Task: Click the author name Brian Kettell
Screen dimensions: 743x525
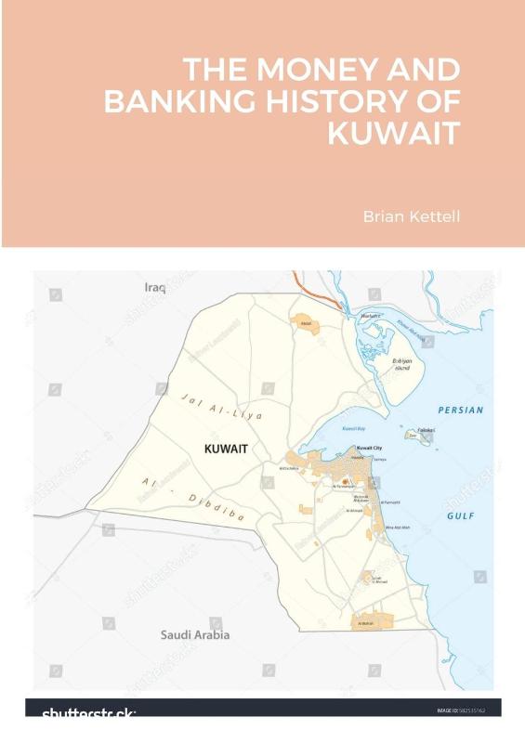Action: [x=412, y=216]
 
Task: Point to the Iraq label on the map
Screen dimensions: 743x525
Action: [x=155, y=288]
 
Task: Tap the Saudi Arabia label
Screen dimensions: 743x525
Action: [x=195, y=635]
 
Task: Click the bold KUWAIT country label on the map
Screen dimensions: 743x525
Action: [x=226, y=449]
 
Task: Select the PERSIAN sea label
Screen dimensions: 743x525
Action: [x=461, y=410]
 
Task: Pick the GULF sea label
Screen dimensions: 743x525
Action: [x=461, y=515]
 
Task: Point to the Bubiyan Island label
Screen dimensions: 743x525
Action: [x=401, y=363]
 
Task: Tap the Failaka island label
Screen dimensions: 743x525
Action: [x=426, y=430]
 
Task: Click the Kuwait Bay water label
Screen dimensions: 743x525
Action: [x=354, y=429]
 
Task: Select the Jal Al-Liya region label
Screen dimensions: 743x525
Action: [x=224, y=406]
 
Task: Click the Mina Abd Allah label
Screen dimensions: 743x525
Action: [x=398, y=528]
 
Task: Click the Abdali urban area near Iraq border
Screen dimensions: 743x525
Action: [x=305, y=321]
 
